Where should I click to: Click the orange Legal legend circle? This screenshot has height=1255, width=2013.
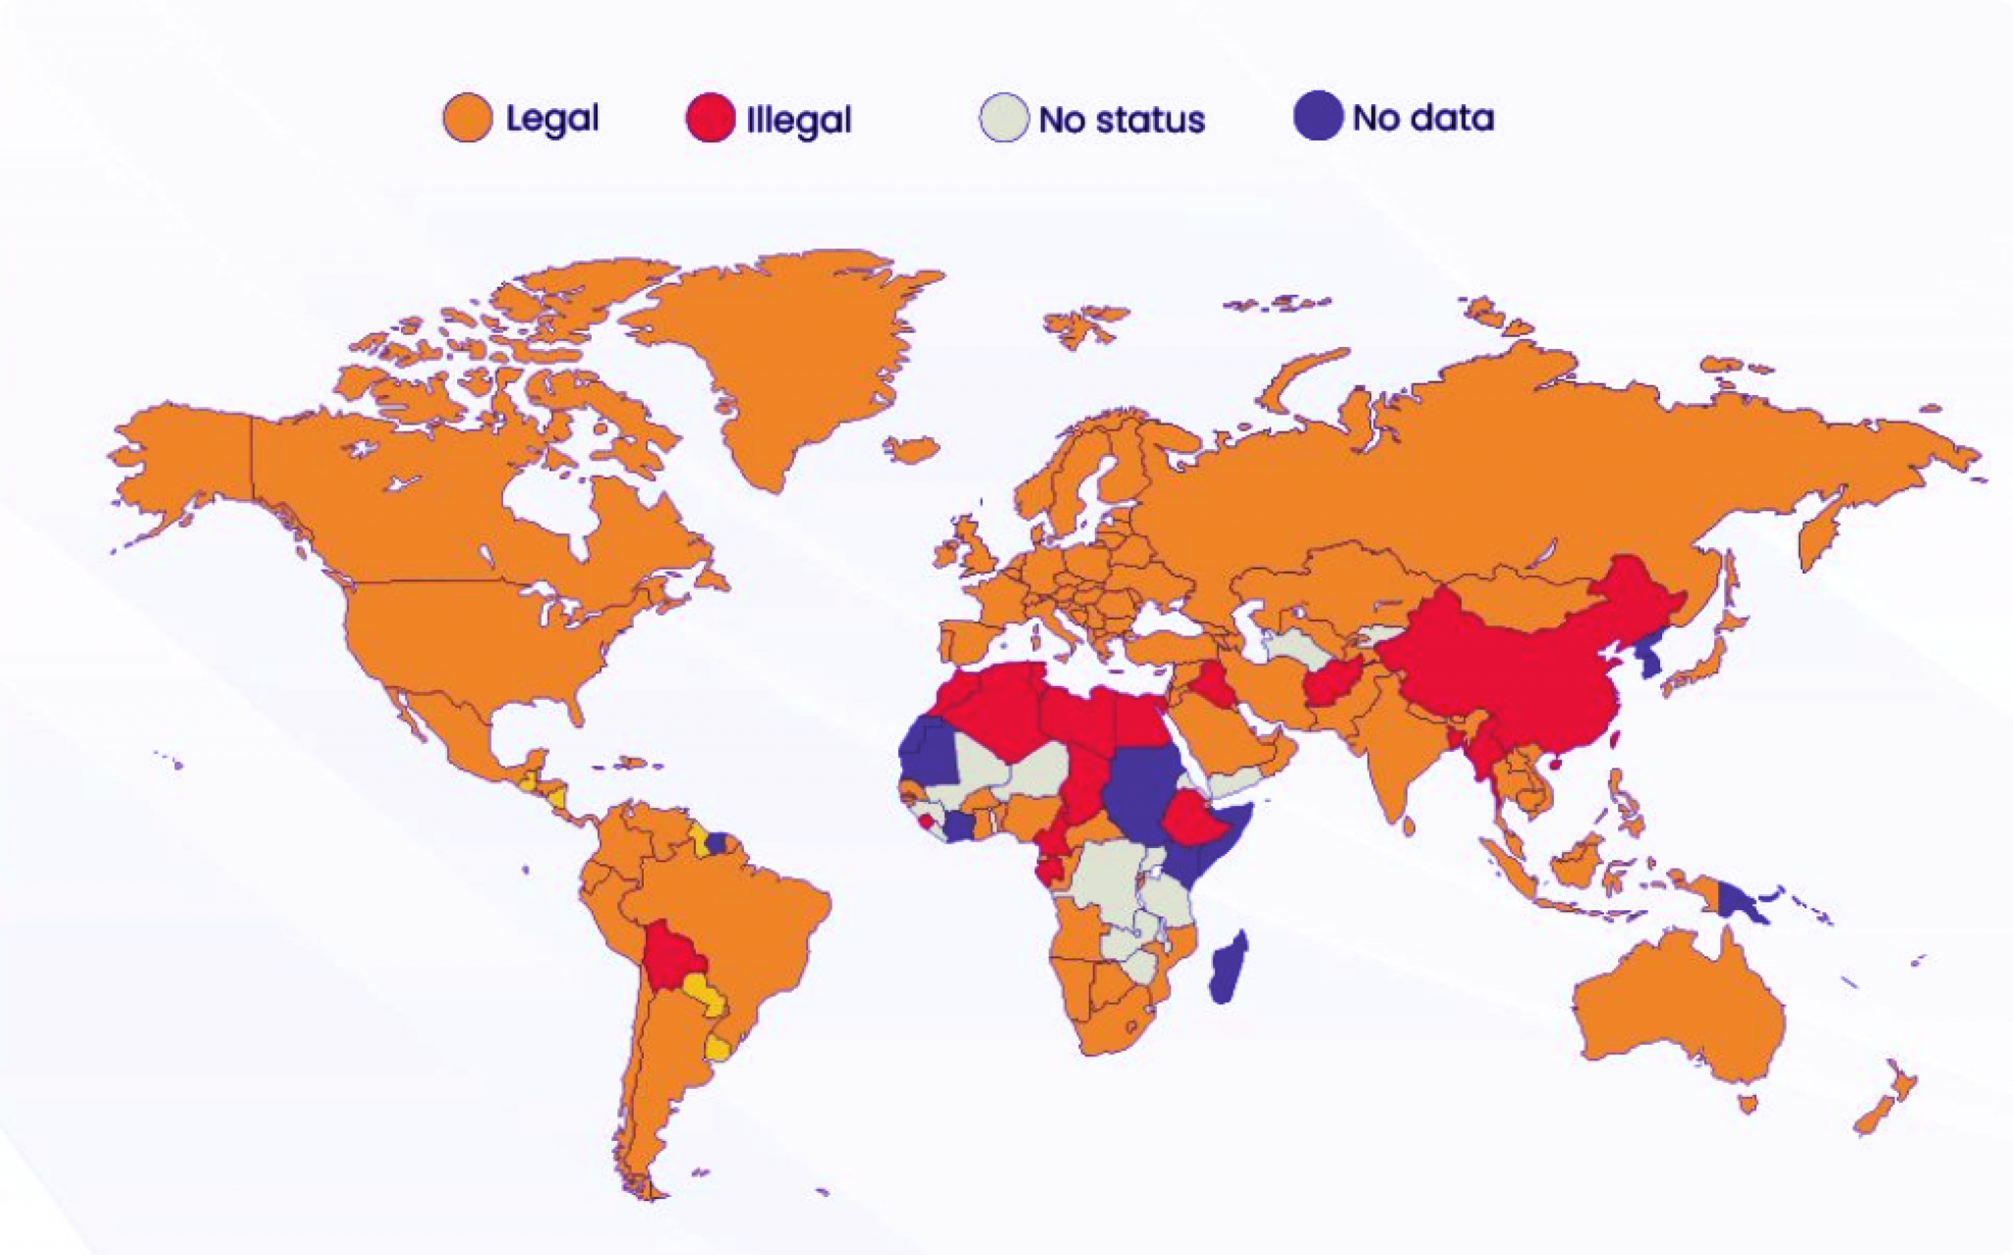(x=468, y=118)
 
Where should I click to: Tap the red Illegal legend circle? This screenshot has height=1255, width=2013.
(x=710, y=119)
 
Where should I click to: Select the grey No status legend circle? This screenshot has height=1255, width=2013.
(x=1004, y=119)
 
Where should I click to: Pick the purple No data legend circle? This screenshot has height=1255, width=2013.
(x=1317, y=117)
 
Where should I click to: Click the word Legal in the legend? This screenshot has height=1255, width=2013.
(x=551, y=119)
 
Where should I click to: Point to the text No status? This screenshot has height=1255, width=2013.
(x=1122, y=120)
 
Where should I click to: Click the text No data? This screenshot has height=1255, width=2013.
(x=1423, y=118)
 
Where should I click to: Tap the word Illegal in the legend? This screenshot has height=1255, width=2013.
(x=798, y=120)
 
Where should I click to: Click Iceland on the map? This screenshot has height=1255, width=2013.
(x=911, y=449)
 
